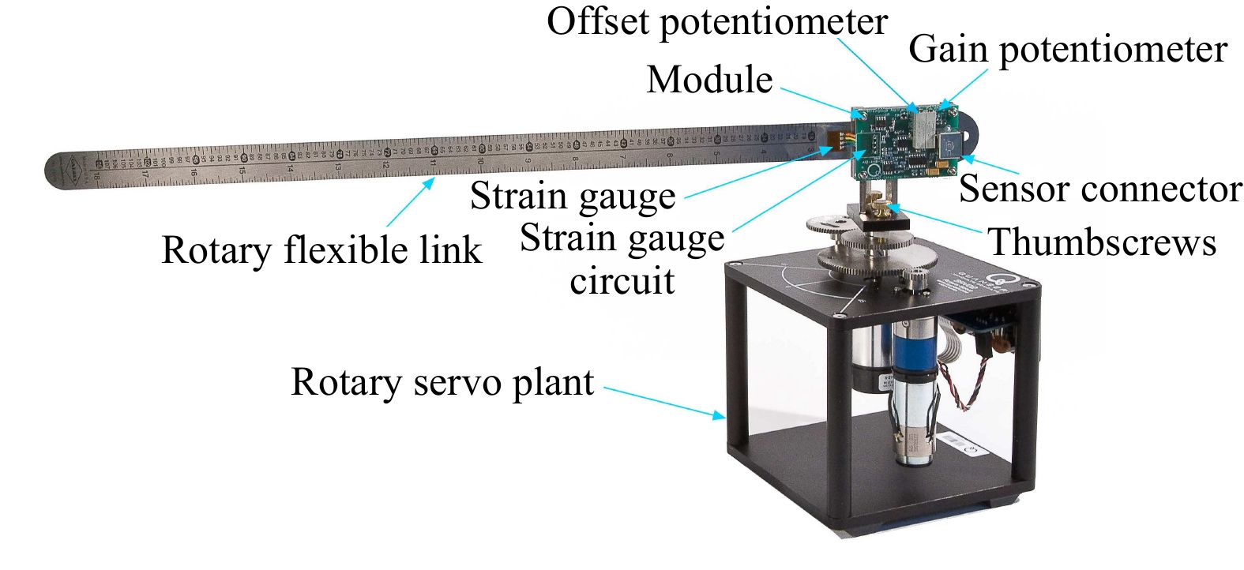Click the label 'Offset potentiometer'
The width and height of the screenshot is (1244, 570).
pos(716,21)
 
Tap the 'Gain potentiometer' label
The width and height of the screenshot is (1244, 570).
pos(1067,49)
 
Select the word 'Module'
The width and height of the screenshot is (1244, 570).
pos(709,79)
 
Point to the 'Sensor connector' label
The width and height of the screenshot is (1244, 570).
pos(1100,189)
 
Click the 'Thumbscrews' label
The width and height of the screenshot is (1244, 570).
pos(1102,242)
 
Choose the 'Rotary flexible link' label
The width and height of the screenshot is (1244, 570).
pos(321,250)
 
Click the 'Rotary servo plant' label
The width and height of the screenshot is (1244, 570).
pos(442,382)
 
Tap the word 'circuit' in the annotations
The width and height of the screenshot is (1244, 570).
pos(622,280)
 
